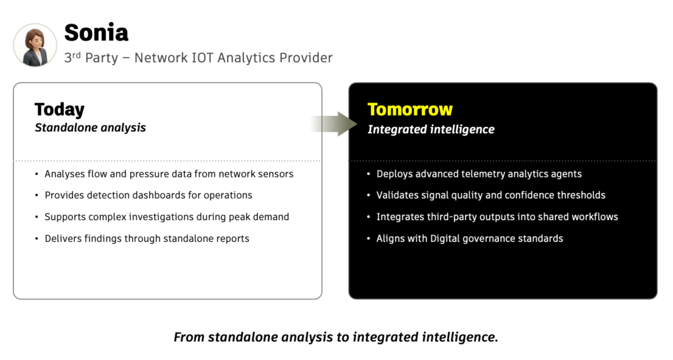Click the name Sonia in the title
tap(96, 32)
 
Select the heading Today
tap(59, 109)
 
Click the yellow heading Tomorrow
tap(409, 109)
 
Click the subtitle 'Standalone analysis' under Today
tap(90, 127)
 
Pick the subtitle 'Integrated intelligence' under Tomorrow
tap(430, 129)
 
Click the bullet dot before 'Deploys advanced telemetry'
tap(368, 175)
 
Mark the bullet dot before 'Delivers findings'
tap(36, 239)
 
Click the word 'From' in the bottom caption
tap(189, 337)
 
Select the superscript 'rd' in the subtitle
tap(76, 55)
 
